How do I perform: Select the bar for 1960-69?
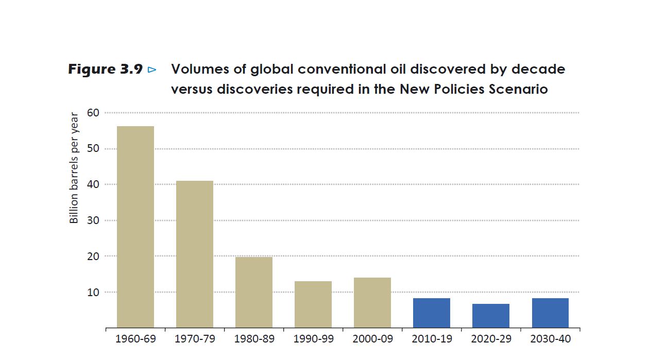[x=135, y=227]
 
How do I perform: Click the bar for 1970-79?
[x=194, y=254]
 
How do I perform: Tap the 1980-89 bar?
[x=253, y=292]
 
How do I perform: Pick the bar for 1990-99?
[x=313, y=304]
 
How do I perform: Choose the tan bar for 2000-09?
[x=372, y=302]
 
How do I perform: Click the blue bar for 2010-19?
[x=431, y=313]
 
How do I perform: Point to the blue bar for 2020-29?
[x=490, y=316]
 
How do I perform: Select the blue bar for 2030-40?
[x=550, y=313]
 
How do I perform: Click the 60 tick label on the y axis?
[x=94, y=113]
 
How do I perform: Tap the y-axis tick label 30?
[x=94, y=220]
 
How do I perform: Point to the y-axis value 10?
[x=94, y=292]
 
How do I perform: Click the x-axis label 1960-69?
[x=135, y=339]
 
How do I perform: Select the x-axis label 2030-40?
[x=550, y=339]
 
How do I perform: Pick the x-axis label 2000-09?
[x=372, y=339]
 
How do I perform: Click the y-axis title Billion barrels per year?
[x=74, y=168]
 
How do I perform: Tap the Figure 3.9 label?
[x=105, y=70]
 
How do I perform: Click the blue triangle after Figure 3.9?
[x=151, y=70]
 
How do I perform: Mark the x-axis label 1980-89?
[x=254, y=339]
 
